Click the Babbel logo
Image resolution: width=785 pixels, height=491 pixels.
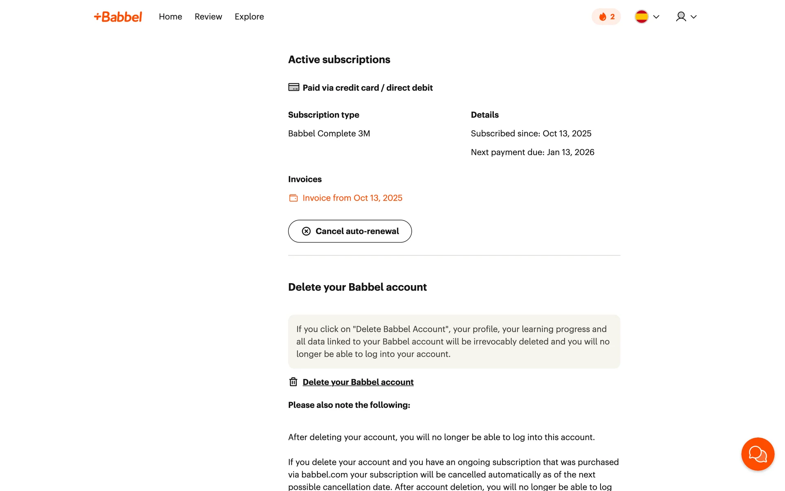118,17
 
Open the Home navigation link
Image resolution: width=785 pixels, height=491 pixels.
170,17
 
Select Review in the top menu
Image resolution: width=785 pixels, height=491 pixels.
208,17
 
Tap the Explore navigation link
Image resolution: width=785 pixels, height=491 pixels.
249,17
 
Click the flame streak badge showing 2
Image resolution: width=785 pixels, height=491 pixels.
606,17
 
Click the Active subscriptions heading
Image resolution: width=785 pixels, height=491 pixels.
339,60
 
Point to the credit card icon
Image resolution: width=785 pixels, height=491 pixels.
294,87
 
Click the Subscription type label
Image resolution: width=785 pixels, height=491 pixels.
323,115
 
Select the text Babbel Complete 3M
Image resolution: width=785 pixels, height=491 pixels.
329,134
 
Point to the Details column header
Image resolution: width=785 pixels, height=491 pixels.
484,115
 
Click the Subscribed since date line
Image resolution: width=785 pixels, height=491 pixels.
531,134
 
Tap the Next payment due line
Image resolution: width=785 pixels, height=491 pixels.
532,152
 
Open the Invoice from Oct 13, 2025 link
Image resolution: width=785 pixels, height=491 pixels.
352,198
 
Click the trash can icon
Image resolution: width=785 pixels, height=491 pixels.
293,382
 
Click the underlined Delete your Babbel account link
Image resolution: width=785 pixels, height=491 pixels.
358,382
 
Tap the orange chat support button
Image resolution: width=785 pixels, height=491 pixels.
757,454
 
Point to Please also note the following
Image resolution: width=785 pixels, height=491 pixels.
349,405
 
